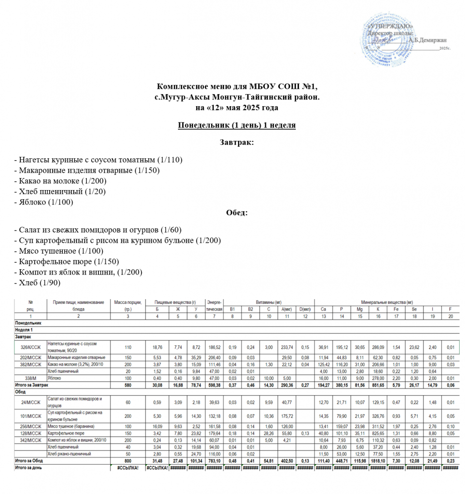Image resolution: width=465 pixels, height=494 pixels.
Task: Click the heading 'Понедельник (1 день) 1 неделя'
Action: tap(236, 125)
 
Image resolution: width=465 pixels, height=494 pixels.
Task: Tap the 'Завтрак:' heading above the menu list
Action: tap(236, 142)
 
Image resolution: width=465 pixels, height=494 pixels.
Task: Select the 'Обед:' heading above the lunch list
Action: tap(236, 213)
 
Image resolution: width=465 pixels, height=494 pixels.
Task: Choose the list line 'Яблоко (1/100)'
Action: tap(46, 202)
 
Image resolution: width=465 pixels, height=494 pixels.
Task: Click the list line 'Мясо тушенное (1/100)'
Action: tap(61, 251)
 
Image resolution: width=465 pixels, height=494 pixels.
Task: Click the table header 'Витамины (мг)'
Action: tap(269, 302)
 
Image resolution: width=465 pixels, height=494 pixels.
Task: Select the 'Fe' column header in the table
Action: tap(396, 309)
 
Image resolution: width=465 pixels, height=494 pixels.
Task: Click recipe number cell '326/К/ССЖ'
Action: tap(30, 347)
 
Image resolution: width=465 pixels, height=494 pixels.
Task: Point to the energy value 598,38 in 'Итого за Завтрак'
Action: tap(213, 385)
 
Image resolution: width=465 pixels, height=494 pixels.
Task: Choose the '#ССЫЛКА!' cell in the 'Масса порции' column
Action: tap(124, 467)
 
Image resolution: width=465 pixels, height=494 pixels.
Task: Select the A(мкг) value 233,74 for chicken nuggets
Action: tap(287, 347)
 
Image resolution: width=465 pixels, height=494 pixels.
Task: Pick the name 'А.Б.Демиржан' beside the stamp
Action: tap(427, 41)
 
